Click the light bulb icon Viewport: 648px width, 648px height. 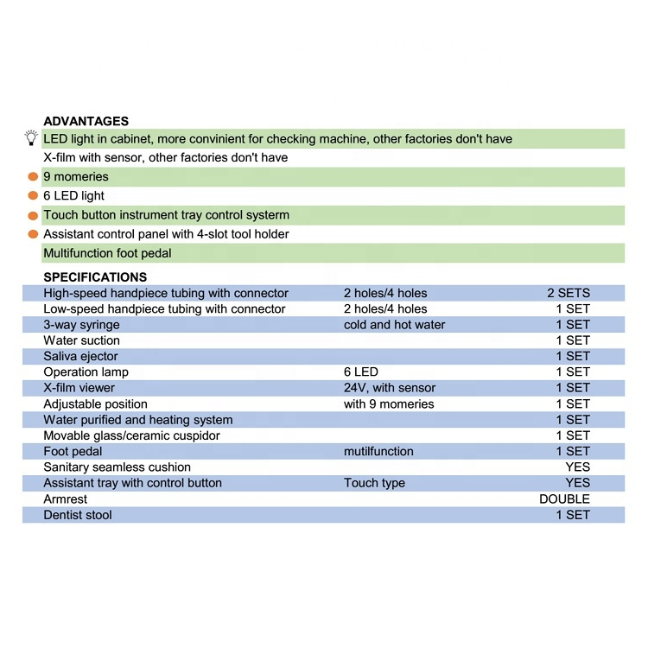click(31, 138)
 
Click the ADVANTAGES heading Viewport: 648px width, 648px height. click(86, 122)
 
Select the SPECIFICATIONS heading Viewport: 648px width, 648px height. click(95, 277)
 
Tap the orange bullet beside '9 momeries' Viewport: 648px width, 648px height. click(33, 176)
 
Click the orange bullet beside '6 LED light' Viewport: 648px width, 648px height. click(33, 196)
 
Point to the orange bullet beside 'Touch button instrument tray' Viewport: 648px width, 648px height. click(33, 215)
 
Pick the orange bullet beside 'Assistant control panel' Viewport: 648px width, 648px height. click(33, 234)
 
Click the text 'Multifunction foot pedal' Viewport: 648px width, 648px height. click(108, 253)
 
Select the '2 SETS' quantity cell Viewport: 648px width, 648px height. click(568, 293)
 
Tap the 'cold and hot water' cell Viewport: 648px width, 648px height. click(394, 325)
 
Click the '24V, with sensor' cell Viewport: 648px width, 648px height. click(389, 388)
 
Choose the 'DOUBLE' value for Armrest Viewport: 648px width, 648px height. click(564, 499)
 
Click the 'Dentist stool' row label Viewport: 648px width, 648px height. click(78, 515)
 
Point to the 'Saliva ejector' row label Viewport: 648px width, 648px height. click(80, 356)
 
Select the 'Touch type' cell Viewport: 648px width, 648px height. click(374, 483)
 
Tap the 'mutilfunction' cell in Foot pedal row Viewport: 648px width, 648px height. click(378, 451)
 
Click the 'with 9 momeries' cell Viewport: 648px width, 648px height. click(389, 403)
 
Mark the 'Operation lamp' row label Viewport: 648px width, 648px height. click(86, 372)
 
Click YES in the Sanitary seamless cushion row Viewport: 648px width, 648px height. click(577, 467)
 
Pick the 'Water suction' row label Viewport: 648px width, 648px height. click(81, 340)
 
